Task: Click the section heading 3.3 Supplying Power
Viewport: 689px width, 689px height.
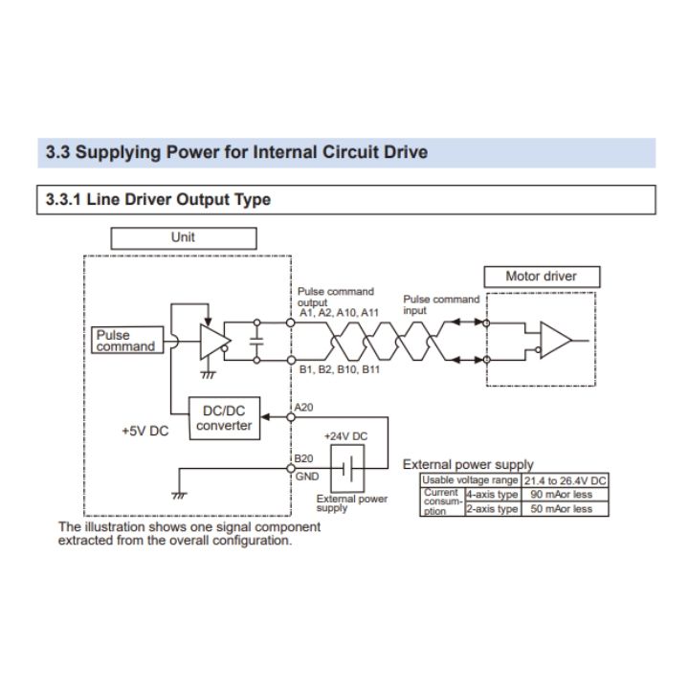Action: tap(236, 152)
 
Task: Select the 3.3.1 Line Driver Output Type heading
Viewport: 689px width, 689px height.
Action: tap(158, 200)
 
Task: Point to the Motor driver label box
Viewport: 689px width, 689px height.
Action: tap(541, 277)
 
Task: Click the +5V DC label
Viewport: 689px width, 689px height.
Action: tap(144, 431)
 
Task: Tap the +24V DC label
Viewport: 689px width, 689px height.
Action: tap(345, 435)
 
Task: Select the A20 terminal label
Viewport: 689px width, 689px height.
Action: tap(305, 408)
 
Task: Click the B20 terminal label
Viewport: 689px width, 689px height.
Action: tap(305, 460)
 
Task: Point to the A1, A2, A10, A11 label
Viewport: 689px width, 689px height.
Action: tap(339, 313)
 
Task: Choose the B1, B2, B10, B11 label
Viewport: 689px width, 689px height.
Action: tap(340, 368)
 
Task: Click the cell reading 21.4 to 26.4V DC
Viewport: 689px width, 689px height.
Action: tap(565, 479)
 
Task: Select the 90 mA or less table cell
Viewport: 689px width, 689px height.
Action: tap(562, 495)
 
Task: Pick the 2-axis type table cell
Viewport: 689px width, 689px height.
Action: tap(492, 510)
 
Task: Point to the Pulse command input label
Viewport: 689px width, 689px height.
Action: tap(440, 304)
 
